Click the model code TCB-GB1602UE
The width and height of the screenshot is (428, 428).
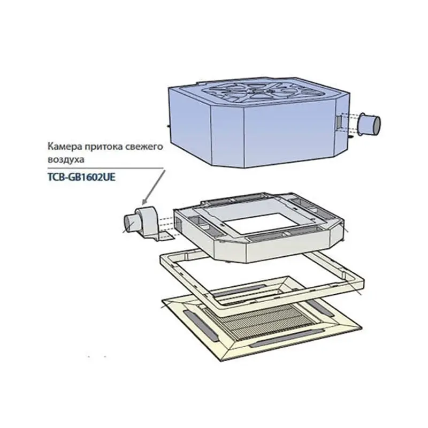click(x=82, y=177)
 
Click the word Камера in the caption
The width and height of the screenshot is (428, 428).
click(x=65, y=146)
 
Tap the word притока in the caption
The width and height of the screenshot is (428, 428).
click(x=104, y=147)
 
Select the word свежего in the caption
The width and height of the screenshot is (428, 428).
click(x=144, y=147)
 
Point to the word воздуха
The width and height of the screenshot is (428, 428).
click(x=66, y=159)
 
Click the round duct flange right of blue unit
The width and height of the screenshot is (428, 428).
click(x=369, y=124)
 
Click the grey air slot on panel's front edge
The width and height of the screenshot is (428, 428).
click(x=287, y=339)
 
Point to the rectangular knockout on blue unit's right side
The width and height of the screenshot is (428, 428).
click(x=339, y=121)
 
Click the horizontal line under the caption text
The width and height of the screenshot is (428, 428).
click(x=105, y=168)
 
